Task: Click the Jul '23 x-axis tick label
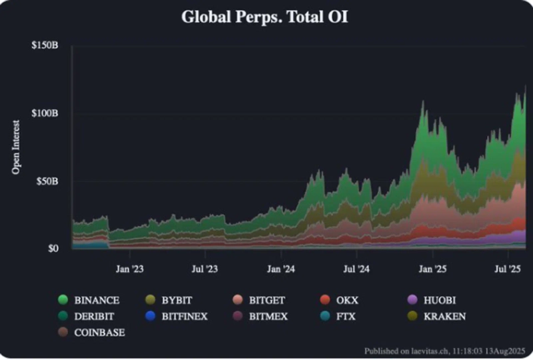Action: (205, 270)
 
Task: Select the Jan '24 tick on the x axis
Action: (280, 270)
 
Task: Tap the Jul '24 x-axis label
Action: (356, 270)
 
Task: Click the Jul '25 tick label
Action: (508, 270)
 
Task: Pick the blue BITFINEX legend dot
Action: (151, 316)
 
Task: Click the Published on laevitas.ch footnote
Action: (444, 350)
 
